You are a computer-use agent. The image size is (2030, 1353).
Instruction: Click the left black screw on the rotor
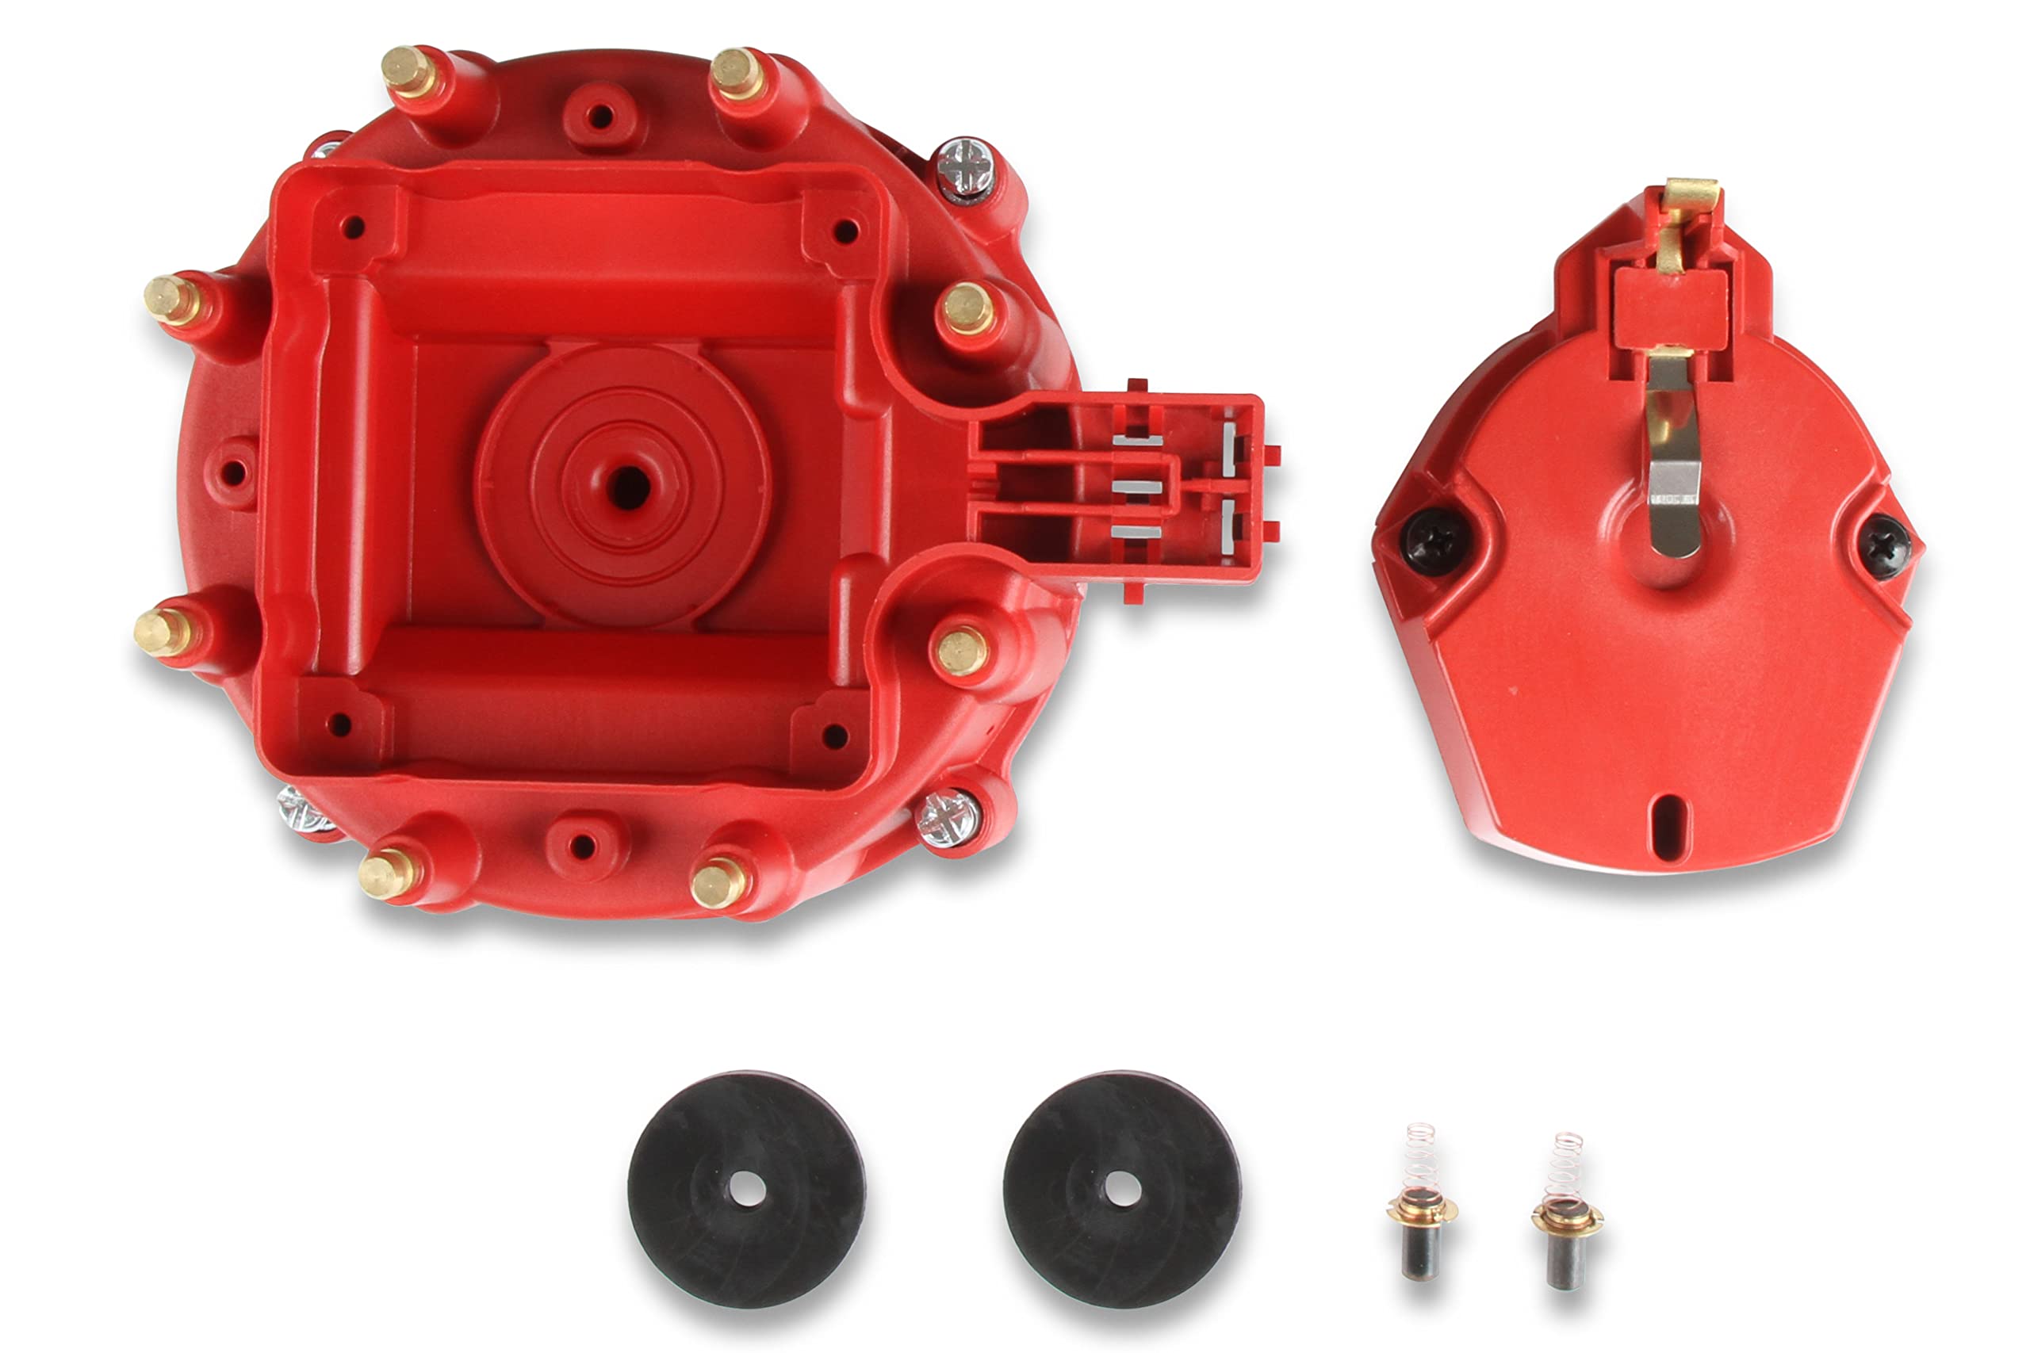click(x=1434, y=540)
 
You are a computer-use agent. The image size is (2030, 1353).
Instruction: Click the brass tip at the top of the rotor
click(x=1690, y=197)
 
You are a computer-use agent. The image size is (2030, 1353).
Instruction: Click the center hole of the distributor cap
click(x=627, y=487)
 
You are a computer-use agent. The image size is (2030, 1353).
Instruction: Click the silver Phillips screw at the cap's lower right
click(x=947, y=817)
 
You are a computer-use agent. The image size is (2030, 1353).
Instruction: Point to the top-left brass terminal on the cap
click(x=408, y=71)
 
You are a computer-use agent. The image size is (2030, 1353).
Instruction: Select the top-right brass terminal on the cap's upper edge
click(x=735, y=72)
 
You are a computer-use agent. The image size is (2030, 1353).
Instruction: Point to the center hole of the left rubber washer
click(x=746, y=1189)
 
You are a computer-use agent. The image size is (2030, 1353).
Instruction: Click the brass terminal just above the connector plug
click(x=967, y=308)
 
